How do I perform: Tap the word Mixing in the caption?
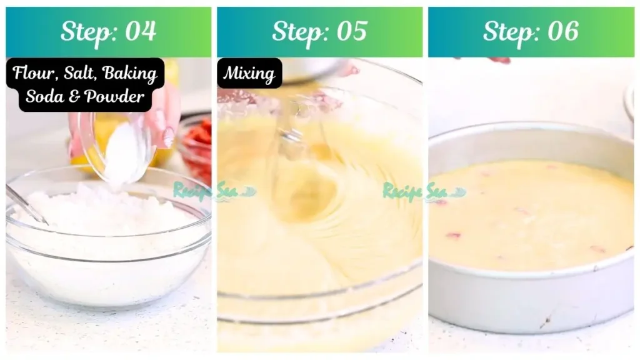pos(249,74)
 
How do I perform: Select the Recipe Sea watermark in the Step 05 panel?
pos(415,191)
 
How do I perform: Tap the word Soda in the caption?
pos(44,97)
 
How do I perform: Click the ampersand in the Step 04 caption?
pos(74,97)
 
